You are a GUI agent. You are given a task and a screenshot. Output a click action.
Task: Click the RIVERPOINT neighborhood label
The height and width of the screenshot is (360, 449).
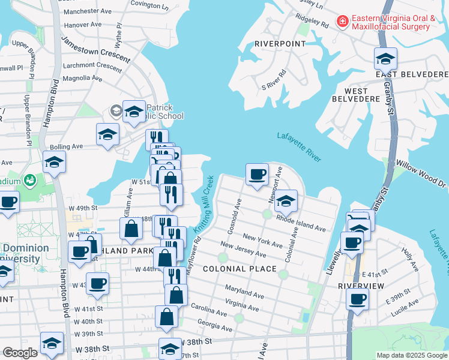coord(280,44)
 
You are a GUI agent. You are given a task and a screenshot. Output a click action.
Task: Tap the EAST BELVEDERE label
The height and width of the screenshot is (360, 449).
coord(412,74)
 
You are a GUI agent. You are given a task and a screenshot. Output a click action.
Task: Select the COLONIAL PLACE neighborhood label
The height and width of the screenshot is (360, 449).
coord(240,269)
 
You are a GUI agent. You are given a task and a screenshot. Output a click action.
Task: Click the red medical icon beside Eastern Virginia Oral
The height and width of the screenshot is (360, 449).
coord(343,22)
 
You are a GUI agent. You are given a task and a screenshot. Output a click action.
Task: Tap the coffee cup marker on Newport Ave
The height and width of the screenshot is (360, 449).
coord(257,175)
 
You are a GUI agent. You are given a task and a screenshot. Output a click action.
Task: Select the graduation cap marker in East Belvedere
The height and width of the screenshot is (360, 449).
coord(385,59)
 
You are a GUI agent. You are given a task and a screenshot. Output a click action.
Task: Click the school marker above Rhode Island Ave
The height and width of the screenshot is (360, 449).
coord(286,201)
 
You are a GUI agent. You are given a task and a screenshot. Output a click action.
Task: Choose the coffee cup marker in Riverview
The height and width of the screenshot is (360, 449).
coord(358,299)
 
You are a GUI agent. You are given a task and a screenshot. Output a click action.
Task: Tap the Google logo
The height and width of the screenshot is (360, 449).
coord(20,353)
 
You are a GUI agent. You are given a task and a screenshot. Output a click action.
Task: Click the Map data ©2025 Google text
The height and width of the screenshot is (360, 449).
coord(412,355)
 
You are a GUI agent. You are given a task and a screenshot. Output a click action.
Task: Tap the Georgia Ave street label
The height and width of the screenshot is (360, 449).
coord(214,325)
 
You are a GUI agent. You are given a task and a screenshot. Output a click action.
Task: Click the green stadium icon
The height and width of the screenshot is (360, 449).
coord(29,180)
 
